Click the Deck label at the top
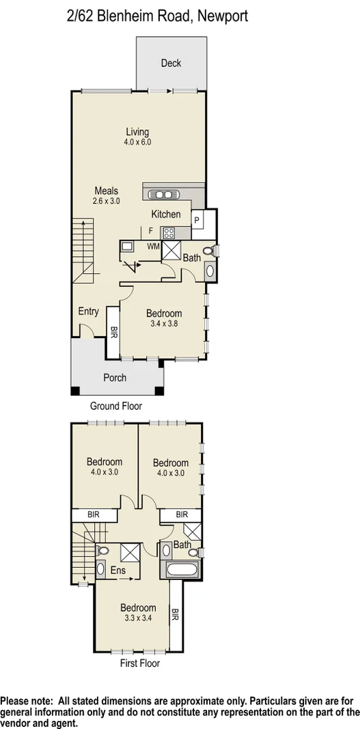pyautogui.click(x=171, y=64)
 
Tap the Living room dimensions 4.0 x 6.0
pyautogui.click(x=137, y=142)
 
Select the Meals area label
pyautogui.click(x=107, y=191)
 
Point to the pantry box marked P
pyautogui.click(x=197, y=220)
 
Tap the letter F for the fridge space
pyautogui.click(x=150, y=231)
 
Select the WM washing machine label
pyautogui.click(x=152, y=245)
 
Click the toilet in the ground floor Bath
pyautogui.click(x=212, y=252)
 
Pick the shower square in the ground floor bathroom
pyautogui.click(x=170, y=250)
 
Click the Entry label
pyautogui.click(x=88, y=312)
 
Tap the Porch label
pyautogui.click(x=114, y=377)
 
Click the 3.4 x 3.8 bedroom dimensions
pyautogui.click(x=164, y=324)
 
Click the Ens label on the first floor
pyautogui.click(x=108, y=568)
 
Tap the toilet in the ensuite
pyautogui.click(x=102, y=550)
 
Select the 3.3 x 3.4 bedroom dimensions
pyautogui.click(x=138, y=618)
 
